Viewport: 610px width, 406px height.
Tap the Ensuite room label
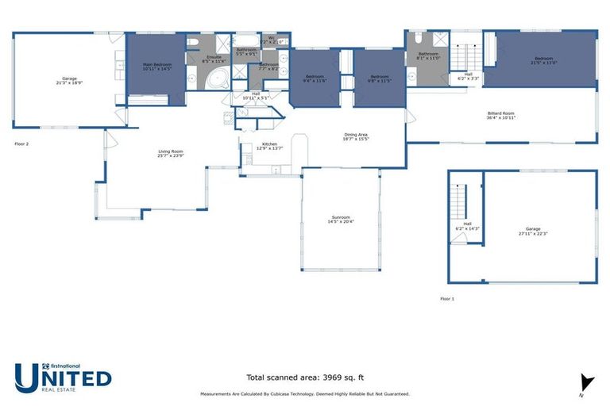(214, 59)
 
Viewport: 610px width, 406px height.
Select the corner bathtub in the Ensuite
(216, 79)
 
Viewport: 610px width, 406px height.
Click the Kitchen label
(269, 146)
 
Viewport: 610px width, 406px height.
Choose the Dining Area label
(356, 136)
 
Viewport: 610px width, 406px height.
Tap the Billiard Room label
(500, 115)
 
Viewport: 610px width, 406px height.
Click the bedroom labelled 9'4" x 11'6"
(315, 79)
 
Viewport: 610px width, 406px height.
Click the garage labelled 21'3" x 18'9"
(71, 80)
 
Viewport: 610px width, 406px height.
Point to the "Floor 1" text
(448, 299)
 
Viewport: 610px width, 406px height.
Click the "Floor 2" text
(21, 144)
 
